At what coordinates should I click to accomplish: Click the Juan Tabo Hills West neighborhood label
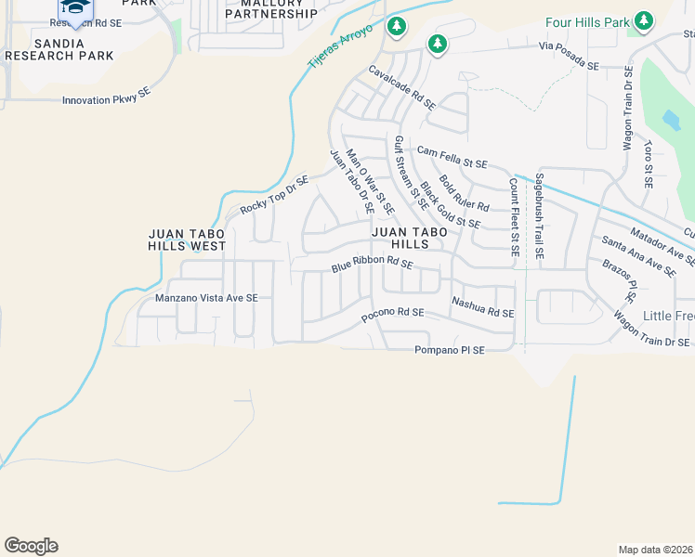pos(187,240)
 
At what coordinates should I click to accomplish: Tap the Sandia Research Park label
pos(59,49)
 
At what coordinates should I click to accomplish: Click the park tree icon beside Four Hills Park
pos(643,20)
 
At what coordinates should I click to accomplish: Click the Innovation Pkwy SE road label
pos(106,98)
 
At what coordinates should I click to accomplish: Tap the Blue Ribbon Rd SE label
pos(372,269)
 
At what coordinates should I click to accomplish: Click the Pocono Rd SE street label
pos(392,314)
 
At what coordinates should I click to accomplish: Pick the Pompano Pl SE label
pos(450,350)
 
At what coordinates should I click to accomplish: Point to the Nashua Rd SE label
pos(482,307)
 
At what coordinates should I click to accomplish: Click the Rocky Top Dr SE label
pos(273,195)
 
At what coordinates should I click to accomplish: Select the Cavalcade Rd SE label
pos(401,88)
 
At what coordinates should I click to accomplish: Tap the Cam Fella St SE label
pos(452,157)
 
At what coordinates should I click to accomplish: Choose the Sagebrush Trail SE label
pos(539,215)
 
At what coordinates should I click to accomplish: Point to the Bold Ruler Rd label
pos(464,192)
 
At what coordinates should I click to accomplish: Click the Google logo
pos(31,546)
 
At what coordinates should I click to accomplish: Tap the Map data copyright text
pos(655,549)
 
